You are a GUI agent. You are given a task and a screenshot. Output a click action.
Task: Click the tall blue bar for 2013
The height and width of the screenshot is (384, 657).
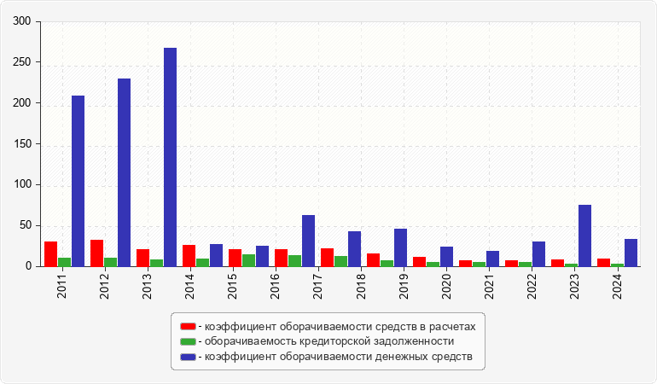[x=171, y=157]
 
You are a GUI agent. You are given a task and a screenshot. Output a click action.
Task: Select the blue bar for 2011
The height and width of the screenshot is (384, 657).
[x=78, y=181]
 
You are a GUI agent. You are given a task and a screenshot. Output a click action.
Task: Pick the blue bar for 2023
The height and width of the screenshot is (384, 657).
[x=585, y=236]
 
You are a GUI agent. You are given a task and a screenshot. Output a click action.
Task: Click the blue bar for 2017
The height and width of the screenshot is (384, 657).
[x=309, y=241]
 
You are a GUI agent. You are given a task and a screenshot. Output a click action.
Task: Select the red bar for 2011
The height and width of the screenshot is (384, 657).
[x=51, y=254]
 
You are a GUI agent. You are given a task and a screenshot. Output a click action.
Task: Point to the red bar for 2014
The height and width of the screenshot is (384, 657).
[x=189, y=256]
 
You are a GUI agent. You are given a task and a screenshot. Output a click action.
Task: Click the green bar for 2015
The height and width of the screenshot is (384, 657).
[x=249, y=260]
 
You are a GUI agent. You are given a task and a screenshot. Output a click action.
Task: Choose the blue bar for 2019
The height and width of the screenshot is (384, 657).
[x=401, y=247]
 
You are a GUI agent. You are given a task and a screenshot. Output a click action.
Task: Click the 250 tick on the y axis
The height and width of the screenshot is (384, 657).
[x=23, y=63]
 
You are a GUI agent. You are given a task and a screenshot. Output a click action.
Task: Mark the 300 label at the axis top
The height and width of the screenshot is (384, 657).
[x=23, y=22]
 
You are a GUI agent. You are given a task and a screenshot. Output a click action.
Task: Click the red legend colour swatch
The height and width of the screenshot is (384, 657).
[x=188, y=327]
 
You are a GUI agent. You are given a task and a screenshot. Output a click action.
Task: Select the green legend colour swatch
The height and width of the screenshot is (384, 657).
[x=188, y=341]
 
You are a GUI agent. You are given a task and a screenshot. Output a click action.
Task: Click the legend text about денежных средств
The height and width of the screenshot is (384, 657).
[x=336, y=356]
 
